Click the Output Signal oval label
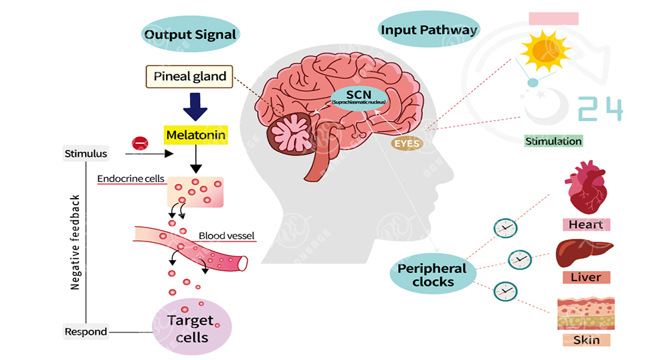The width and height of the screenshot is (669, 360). pyautogui.click(x=191, y=34)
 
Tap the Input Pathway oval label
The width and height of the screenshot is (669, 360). pyautogui.click(x=429, y=30)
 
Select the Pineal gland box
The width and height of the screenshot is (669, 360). pyautogui.click(x=189, y=77)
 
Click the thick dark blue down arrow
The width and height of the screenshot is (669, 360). pyautogui.click(x=195, y=107)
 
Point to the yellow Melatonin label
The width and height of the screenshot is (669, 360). pyautogui.click(x=196, y=136)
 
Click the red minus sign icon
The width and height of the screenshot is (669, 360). pyautogui.click(x=140, y=143)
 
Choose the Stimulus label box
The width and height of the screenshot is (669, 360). pyautogui.click(x=86, y=154)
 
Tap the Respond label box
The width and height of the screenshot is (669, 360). pyautogui.click(x=86, y=332)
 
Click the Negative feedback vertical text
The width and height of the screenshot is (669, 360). pyautogui.click(x=76, y=242)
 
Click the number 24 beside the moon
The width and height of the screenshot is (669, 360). pyautogui.click(x=600, y=109)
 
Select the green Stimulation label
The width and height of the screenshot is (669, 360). pyautogui.click(x=553, y=141)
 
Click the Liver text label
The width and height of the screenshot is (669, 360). pyautogui.click(x=585, y=277)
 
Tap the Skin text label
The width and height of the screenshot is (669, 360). pyautogui.click(x=586, y=340)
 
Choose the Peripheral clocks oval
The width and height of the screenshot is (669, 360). pyautogui.click(x=433, y=274)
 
